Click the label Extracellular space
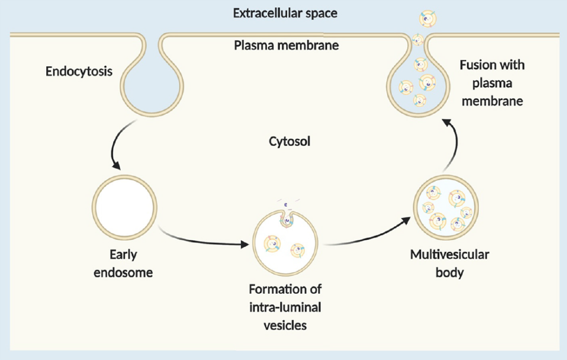point(285,13)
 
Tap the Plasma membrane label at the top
point(286,45)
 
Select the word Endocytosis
point(79,71)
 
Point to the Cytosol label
point(289,142)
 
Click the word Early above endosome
point(123,255)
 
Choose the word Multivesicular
point(450,255)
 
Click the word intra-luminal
point(285,307)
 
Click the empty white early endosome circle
point(124,206)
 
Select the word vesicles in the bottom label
point(285,325)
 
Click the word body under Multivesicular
point(450,273)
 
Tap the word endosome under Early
point(124,273)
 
